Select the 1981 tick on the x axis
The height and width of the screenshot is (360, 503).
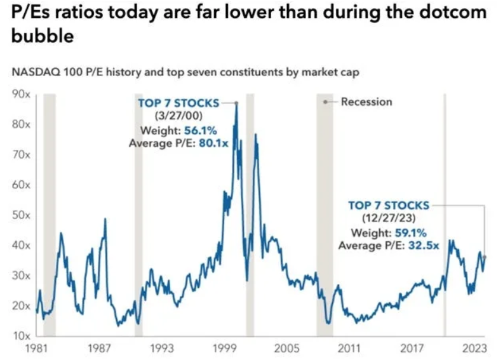(x=36, y=348)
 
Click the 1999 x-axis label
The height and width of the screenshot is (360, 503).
(x=224, y=348)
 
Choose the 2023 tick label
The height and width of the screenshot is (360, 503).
(x=474, y=348)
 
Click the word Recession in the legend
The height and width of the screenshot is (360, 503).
(x=366, y=102)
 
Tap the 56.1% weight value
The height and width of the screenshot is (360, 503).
(x=200, y=130)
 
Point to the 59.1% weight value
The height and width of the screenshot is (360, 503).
(x=412, y=233)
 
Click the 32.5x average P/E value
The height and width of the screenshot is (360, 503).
(x=422, y=245)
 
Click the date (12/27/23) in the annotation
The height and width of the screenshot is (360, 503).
(x=389, y=219)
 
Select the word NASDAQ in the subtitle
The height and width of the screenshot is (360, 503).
(x=37, y=72)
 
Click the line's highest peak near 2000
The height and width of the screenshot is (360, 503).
(x=236, y=103)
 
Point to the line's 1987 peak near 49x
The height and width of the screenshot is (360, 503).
(x=105, y=219)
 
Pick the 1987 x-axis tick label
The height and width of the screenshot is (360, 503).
(x=98, y=348)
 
